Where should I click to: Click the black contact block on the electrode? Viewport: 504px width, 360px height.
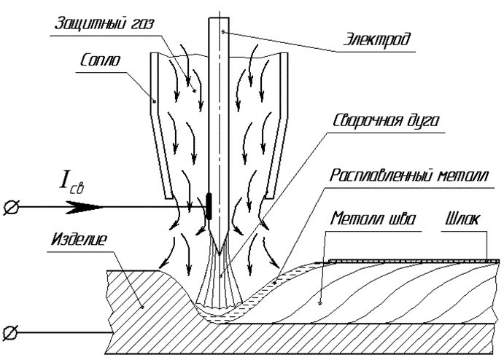pyautogui.click(x=209, y=206)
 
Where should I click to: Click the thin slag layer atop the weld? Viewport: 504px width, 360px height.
pyautogui.click(x=408, y=260)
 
